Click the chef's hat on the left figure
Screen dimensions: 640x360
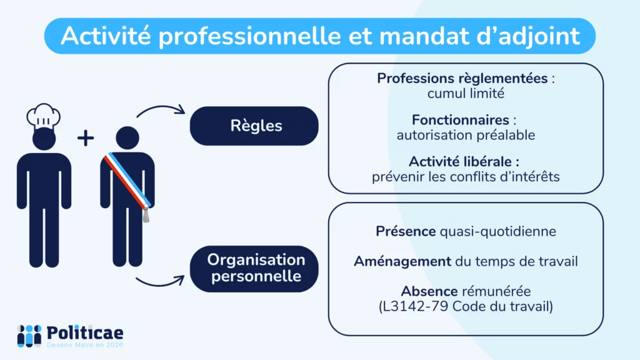tap(44, 115)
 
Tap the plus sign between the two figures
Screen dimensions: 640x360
tap(86, 138)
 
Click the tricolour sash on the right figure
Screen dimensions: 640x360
tap(127, 180)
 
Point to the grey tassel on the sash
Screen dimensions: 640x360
tap(146, 214)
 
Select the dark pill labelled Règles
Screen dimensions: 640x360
tap(254, 126)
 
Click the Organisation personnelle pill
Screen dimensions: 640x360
tap(254, 269)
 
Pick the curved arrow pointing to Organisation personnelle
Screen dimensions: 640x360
tap(160, 282)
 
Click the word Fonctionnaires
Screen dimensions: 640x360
tap(461, 120)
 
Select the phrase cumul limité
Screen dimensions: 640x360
tap(466, 94)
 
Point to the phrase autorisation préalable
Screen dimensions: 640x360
tap(466, 135)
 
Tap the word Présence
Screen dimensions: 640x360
tap(406, 231)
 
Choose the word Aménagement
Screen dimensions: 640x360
tap(402, 261)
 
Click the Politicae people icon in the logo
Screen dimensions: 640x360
tap(29, 336)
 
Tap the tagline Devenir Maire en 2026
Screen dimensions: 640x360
tap(85, 345)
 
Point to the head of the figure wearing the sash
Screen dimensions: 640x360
tap(127, 137)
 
